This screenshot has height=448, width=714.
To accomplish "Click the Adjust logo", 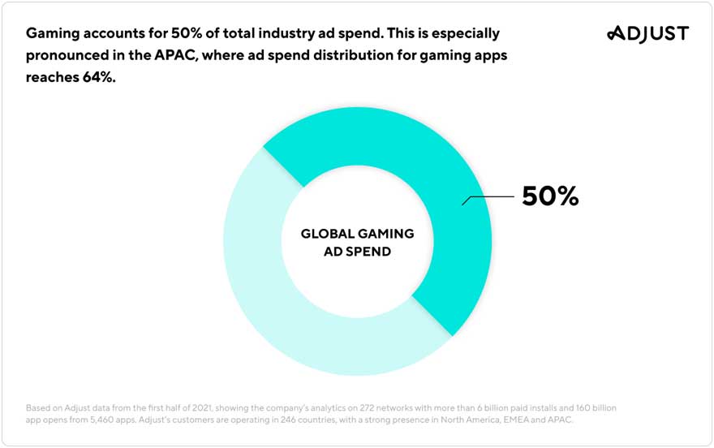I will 647,33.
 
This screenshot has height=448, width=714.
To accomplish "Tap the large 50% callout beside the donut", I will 550,196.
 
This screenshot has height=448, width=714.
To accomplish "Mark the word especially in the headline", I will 462,34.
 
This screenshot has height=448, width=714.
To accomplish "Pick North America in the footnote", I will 471,420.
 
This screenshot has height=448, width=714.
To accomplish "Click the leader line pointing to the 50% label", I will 487,197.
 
